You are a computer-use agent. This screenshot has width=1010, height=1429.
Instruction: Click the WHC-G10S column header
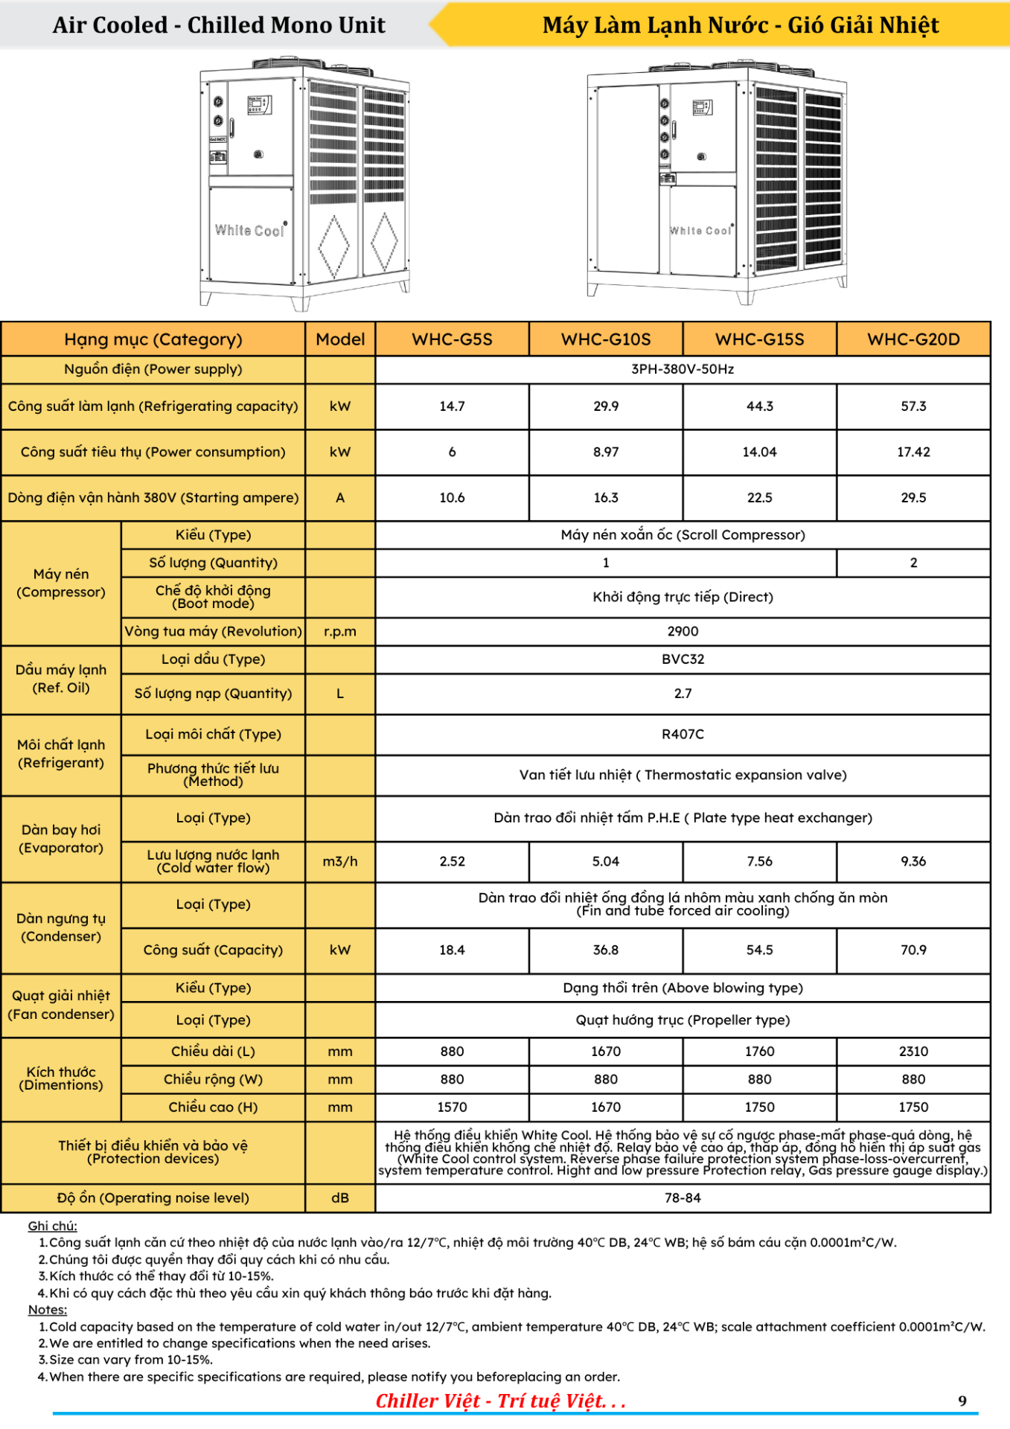(605, 339)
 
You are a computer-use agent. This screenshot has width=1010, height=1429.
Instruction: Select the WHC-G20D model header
(913, 339)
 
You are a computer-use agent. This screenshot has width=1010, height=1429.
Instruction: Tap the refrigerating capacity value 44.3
(759, 406)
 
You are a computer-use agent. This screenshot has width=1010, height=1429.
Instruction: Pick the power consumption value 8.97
(605, 452)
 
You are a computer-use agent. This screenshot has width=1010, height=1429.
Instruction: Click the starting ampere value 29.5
(913, 497)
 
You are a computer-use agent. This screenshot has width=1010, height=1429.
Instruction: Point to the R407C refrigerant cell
(683, 734)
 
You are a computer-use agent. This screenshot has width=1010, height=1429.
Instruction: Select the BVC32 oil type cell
(683, 659)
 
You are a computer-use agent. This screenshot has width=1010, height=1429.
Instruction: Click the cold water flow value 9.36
(913, 861)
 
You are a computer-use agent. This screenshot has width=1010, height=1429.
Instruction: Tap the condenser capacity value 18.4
(452, 950)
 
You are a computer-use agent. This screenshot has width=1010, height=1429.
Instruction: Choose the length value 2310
(913, 1051)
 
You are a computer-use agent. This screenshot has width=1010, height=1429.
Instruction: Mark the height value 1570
(452, 1107)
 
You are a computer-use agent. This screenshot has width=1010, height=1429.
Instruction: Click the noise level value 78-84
(683, 1198)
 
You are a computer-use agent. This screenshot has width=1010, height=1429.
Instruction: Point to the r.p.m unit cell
(340, 631)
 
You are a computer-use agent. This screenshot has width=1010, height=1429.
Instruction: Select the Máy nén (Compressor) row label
(61, 583)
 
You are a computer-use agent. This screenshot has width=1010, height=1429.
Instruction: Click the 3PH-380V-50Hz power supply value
(683, 369)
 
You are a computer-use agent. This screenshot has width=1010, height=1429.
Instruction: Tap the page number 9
(962, 1401)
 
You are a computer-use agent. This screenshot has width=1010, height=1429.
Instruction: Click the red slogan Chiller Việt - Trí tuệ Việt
(500, 1401)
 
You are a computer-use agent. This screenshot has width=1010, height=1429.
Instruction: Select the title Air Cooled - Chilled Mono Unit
(219, 25)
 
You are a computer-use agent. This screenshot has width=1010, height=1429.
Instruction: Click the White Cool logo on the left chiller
(250, 230)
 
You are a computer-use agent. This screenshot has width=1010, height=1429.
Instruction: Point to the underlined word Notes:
(48, 1309)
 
